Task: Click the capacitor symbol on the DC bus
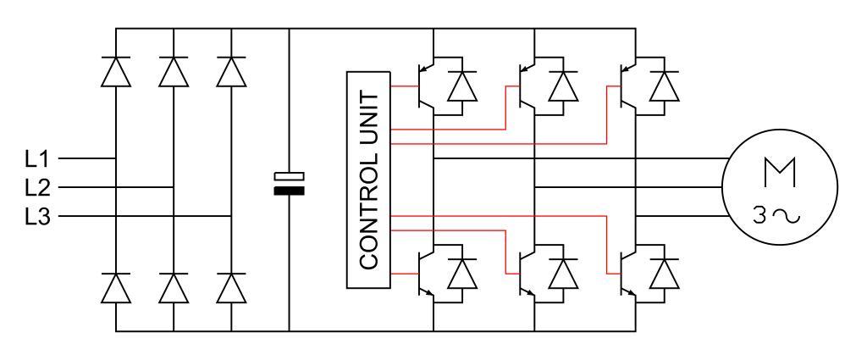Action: tap(289, 182)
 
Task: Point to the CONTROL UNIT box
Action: tap(367, 180)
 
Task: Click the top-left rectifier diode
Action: tap(115, 72)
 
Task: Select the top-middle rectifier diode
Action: tap(173, 72)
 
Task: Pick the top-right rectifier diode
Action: tap(231, 72)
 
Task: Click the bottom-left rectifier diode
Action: tap(115, 288)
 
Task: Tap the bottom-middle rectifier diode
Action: tap(173, 288)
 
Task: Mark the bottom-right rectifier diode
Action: tap(231, 288)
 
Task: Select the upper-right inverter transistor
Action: tap(628, 86)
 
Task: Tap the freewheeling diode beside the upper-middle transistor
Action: tap(563, 86)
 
